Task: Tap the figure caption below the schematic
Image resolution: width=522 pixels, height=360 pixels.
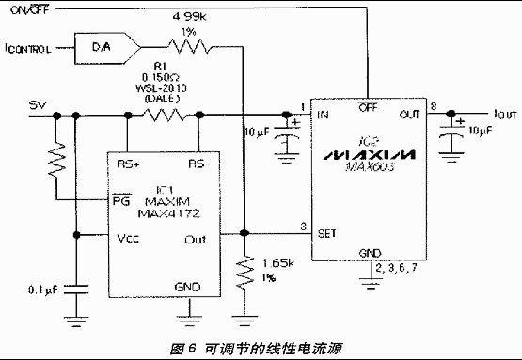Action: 261,347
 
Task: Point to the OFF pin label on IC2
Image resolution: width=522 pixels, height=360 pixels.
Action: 369,107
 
